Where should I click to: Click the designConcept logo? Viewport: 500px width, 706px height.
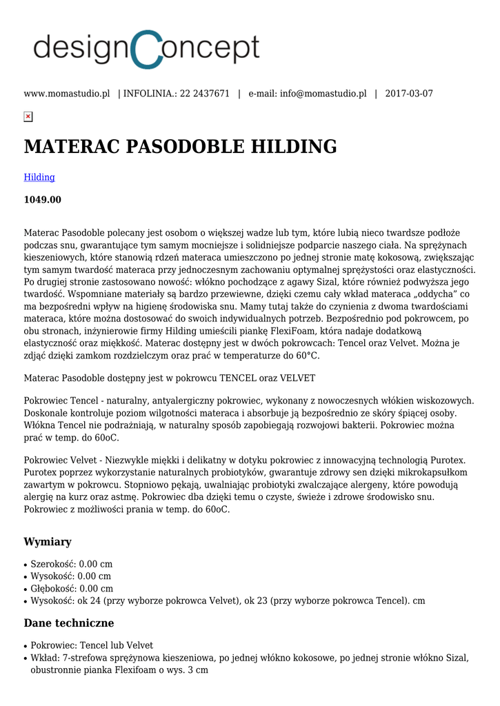pos(146,49)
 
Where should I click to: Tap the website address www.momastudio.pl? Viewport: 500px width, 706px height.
pos(67,94)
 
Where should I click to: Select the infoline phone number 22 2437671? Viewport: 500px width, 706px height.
pos(205,94)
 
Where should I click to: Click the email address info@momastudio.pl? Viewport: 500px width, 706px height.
pos(323,94)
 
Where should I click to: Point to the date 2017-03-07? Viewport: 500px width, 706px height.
pos(409,94)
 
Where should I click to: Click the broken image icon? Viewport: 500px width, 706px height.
pos(28,117)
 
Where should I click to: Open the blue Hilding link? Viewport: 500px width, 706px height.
pos(39,177)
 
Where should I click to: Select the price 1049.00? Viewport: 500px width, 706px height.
pos(43,200)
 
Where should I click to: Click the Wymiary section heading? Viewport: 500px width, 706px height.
pos(48,541)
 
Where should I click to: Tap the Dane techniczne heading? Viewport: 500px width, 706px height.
pos(69,623)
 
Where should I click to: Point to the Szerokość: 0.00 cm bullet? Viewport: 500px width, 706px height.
pos(72,564)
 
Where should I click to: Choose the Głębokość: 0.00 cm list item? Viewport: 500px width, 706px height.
pos(72,589)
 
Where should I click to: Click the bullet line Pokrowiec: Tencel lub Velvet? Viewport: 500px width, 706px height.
pos(92,645)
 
